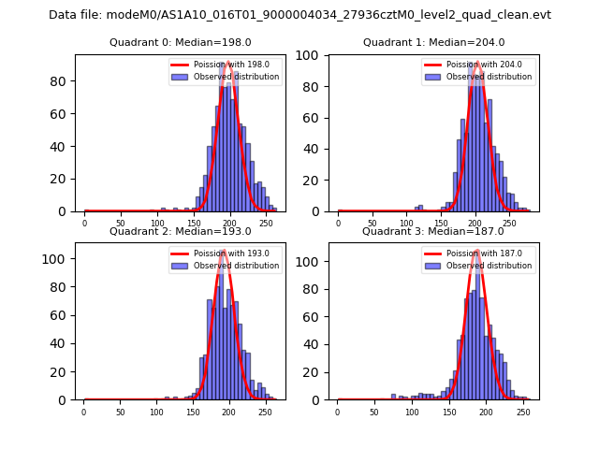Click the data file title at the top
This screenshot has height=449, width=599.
299,15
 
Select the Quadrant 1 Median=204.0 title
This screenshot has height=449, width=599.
433,42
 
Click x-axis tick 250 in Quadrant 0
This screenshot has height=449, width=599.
229,224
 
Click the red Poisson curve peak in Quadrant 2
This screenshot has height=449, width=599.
224,251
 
